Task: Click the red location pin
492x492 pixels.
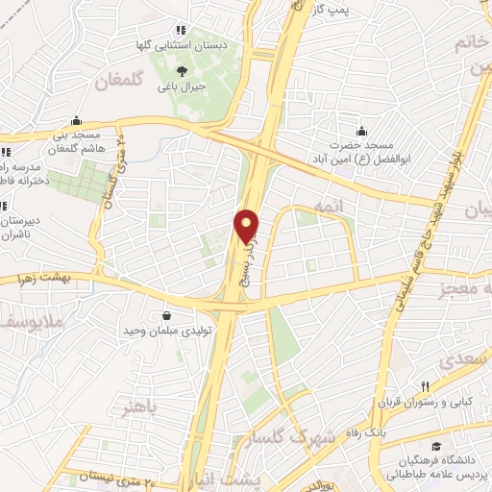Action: (246, 226)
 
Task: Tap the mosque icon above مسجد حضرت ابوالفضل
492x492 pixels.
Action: (361, 132)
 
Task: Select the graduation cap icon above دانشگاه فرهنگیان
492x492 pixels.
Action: (437, 448)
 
